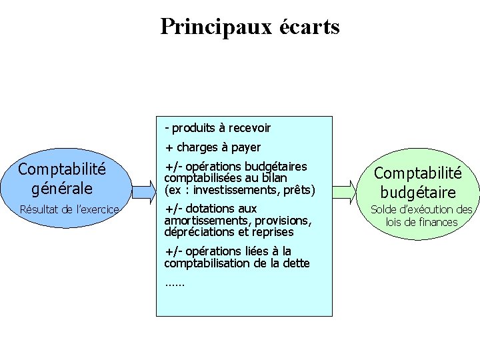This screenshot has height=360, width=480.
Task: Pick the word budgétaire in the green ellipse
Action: [418, 193]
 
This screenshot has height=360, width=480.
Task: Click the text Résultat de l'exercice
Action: [69, 209]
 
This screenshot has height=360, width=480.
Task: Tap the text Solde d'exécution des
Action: [421, 209]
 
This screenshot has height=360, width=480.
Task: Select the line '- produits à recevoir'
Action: [217, 127]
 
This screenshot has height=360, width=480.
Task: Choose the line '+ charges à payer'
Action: [213, 147]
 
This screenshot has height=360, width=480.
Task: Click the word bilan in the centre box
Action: [274, 178]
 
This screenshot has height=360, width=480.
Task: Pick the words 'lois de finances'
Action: [422, 222]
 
